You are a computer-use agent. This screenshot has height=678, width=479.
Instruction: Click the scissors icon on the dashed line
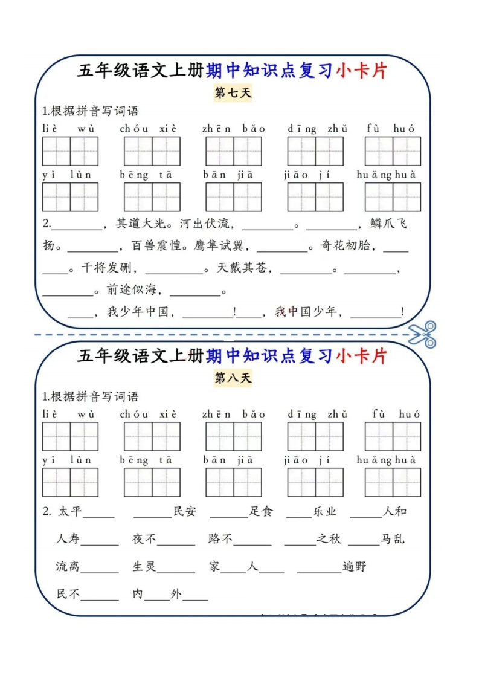(422, 334)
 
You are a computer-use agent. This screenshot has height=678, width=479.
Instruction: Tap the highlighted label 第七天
(233, 92)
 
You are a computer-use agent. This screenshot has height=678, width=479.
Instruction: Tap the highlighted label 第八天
(233, 378)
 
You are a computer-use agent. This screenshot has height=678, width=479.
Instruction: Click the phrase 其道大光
(141, 224)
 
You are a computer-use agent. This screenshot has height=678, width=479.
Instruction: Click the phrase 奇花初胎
(346, 245)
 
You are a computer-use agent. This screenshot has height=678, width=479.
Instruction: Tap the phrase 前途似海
(132, 289)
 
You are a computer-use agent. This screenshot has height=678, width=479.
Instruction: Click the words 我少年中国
(138, 311)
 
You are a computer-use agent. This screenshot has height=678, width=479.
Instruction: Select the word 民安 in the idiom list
(185, 512)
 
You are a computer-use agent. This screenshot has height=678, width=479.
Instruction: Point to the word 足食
(261, 512)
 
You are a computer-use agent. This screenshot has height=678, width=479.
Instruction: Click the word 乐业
(324, 512)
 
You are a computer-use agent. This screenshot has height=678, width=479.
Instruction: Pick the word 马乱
(393, 539)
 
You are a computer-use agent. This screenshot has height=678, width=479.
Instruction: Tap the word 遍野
(355, 566)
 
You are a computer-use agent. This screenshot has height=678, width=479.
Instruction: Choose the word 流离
(68, 566)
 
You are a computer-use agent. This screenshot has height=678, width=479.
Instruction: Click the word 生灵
(144, 566)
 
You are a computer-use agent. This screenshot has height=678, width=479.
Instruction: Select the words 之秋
(329, 539)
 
